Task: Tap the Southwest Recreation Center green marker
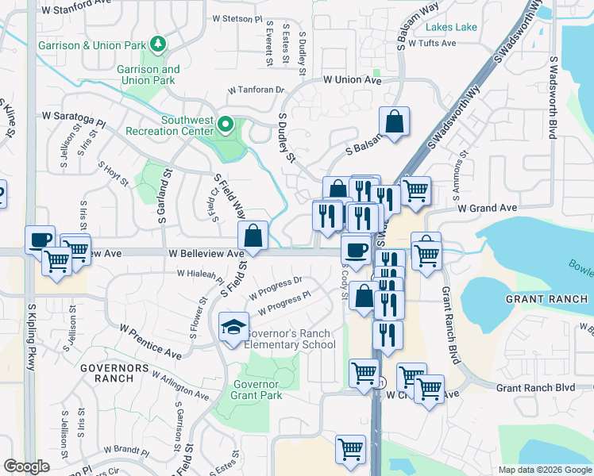click(226, 125)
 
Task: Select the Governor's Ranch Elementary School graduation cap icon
click(233, 327)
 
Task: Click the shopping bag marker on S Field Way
click(253, 236)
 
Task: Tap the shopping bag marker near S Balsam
click(394, 121)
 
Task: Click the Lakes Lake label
click(451, 27)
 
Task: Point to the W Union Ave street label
click(353, 81)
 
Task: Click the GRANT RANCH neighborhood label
click(547, 299)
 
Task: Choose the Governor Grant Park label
click(256, 390)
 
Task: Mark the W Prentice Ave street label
click(150, 339)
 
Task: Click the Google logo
click(27, 466)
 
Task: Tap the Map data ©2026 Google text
click(544, 470)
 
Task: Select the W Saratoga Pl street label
click(74, 120)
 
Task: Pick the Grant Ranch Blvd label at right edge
click(535, 388)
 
